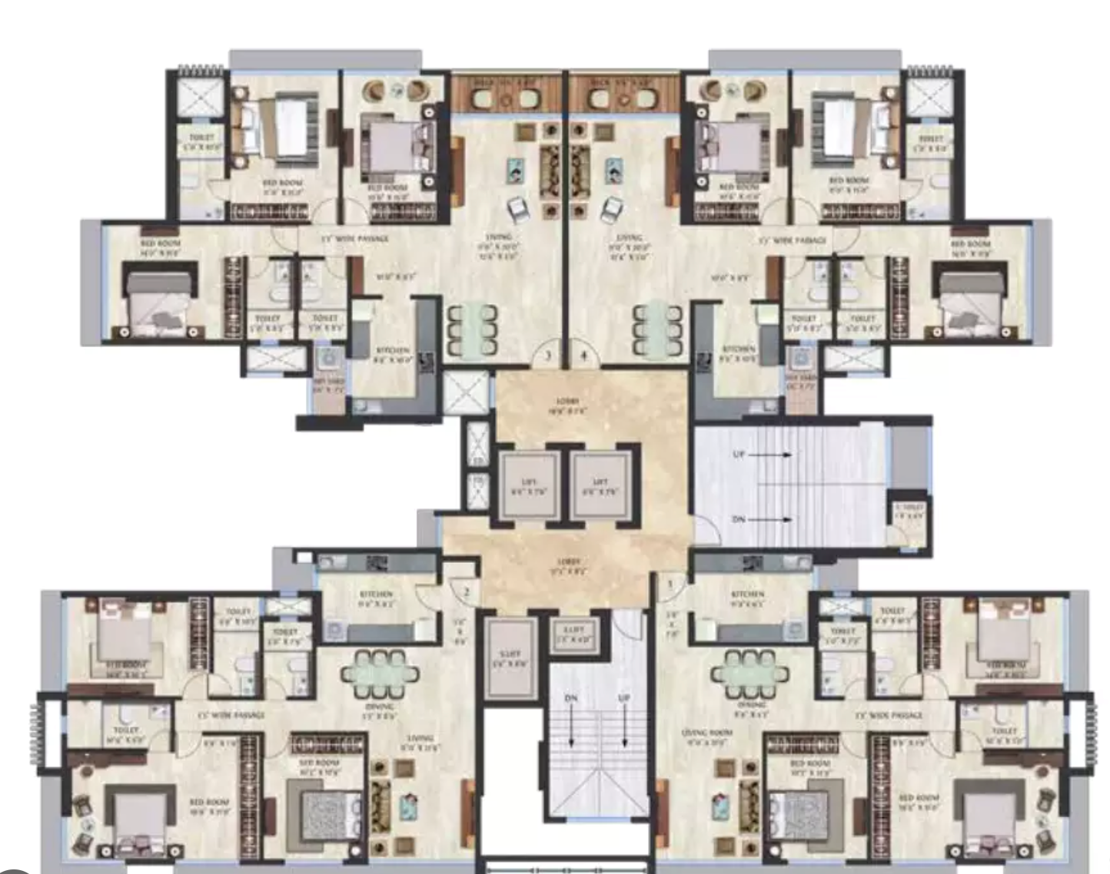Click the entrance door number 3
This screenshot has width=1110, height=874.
[547, 356]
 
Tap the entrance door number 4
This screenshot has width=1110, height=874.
[584, 356]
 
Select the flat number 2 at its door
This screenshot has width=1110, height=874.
[466, 592]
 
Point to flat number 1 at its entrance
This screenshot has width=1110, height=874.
[670, 584]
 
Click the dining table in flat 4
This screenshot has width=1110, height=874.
[658, 330]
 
